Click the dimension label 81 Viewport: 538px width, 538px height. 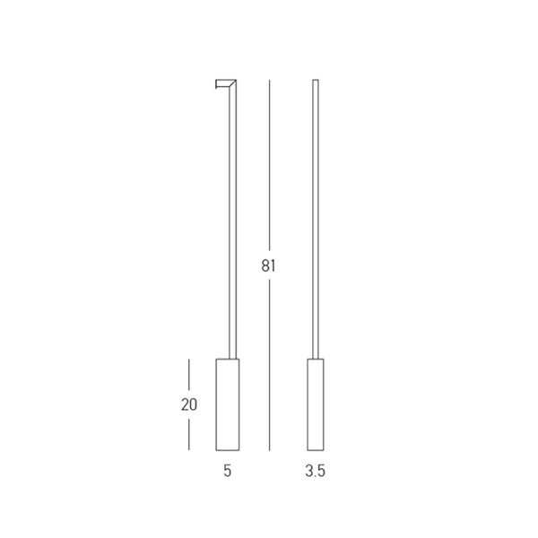point(268,266)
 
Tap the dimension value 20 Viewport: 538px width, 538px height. point(189,405)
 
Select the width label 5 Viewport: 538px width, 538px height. point(228,471)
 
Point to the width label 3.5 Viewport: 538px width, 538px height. point(315,471)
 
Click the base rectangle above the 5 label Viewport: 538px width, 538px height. point(228,404)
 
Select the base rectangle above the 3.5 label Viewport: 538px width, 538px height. point(316,404)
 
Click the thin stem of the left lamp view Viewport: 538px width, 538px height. point(232,220)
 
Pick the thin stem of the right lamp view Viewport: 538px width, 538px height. point(316,220)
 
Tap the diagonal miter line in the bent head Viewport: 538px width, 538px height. point(232,83)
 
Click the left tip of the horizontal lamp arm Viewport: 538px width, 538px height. point(216,84)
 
